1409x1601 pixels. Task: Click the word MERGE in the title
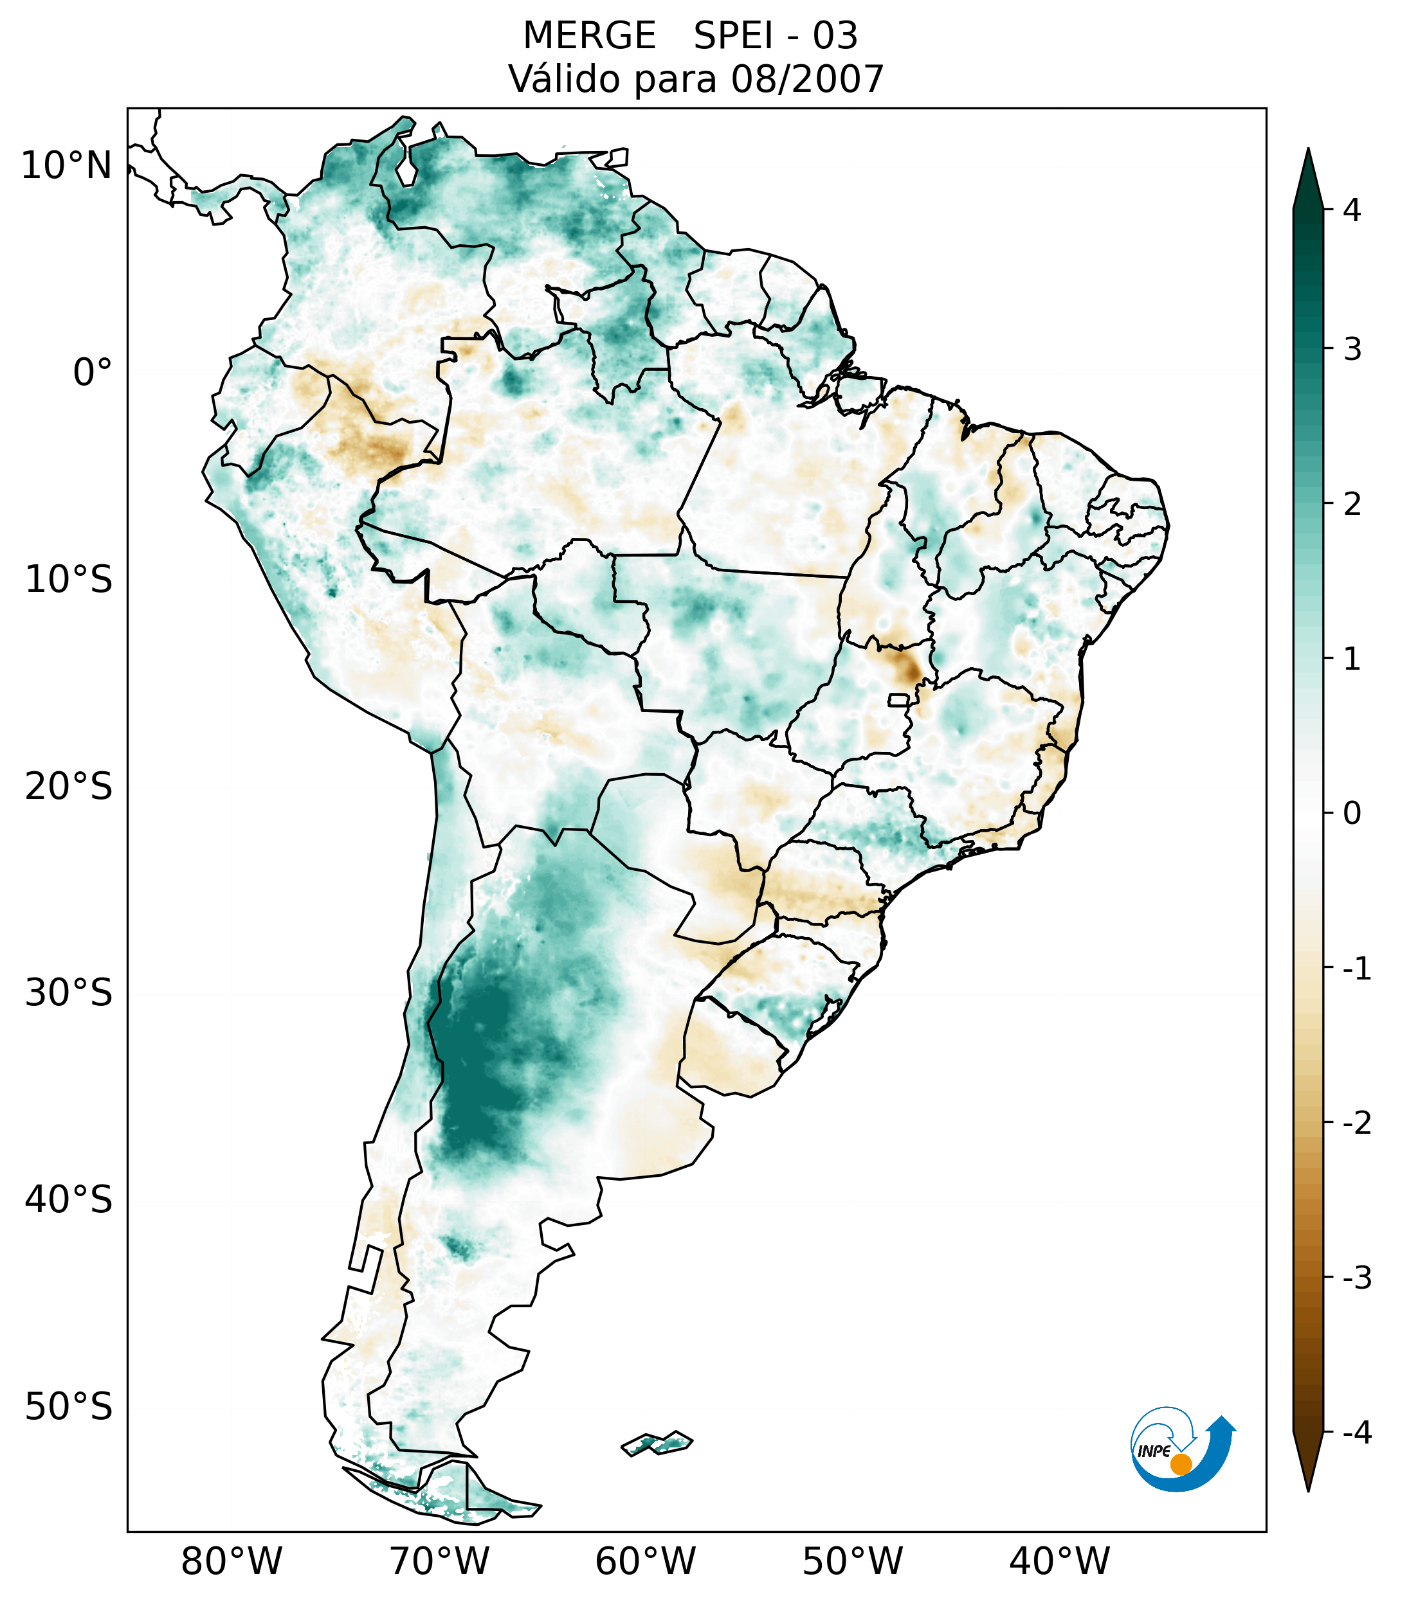pyautogui.click(x=588, y=36)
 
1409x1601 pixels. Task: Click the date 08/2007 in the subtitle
pyautogui.click(x=807, y=79)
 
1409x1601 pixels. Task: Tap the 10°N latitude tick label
pyautogui.click(x=67, y=166)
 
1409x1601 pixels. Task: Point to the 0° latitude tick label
pyautogui.click(x=93, y=373)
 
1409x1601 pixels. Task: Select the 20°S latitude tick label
pyautogui.click(x=69, y=787)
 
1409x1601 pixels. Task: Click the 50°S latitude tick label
pyautogui.click(x=69, y=1408)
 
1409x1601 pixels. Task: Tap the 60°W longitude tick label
pyautogui.click(x=645, y=1561)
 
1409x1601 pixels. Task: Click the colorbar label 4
pyautogui.click(x=1352, y=210)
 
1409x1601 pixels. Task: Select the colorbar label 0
pyautogui.click(x=1352, y=814)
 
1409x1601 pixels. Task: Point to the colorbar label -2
pyautogui.click(x=1356, y=1123)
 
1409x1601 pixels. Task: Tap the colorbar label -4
pyautogui.click(x=1356, y=1433)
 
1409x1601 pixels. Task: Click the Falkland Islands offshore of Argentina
pyautogui.click(x=657, y=1443)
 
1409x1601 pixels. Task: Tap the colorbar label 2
pyautogui.click(x=1352, y=505)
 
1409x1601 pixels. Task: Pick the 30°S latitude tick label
pyautogui.click(x=69, y=993)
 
